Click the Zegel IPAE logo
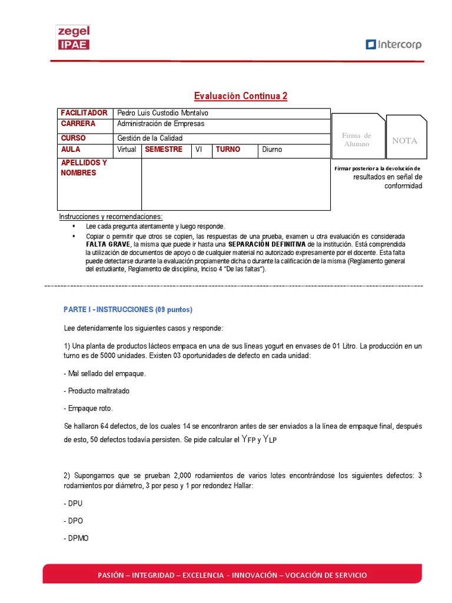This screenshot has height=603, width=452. click(72, 38)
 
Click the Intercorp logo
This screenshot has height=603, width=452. click(393, 44)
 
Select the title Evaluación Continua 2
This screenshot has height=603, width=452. click(241, 96)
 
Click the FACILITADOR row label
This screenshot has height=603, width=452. click(84, 113)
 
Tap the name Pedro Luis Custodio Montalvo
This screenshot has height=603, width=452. click(163, 113)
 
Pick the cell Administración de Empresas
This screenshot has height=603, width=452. click(161, 124)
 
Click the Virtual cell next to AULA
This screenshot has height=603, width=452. click(127, 150)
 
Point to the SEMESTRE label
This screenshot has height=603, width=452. click(164, 150)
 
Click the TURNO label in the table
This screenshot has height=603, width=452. click(228, 150)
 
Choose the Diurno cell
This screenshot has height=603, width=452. click(272, 150)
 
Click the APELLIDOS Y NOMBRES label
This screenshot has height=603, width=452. click(84, 168)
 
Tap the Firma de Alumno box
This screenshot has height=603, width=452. click(357, 140)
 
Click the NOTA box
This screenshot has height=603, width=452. click(405, 141)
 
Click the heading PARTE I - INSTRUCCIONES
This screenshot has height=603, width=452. click(128, 310)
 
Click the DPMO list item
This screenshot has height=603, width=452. click(76, 538)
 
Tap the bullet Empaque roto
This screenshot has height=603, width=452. click(88, 408)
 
